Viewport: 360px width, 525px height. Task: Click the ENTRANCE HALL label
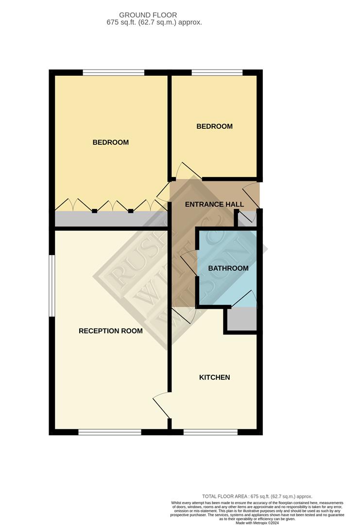[x=214, y=205]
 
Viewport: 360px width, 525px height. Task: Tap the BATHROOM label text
[x=228, y=268]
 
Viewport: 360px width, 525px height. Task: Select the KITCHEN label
[x=214, y=378]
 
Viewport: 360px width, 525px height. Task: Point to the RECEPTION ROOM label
[x=111, y=331]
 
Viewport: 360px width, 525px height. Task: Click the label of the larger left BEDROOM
[x=111, y=142]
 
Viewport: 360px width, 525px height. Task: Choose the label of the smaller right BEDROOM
[x=214, y=126]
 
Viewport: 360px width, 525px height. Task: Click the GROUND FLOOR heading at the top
[x=148, y=16]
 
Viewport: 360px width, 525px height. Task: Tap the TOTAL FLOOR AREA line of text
[x=257, y=496]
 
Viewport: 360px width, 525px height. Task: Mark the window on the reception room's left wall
[x=51, y=286]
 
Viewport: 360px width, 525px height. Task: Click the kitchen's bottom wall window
[x=210, y=432]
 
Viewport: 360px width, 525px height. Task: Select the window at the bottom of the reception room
[x=110, y=432]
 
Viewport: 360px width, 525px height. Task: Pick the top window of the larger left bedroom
[x=113, y=73]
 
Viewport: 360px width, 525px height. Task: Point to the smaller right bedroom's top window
[x=217, y=73]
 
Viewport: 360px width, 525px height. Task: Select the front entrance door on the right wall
[x=253, y=194]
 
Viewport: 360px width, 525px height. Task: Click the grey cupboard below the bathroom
[x=241, y=320]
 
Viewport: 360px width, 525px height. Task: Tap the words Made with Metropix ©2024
[x=257, y=523]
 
